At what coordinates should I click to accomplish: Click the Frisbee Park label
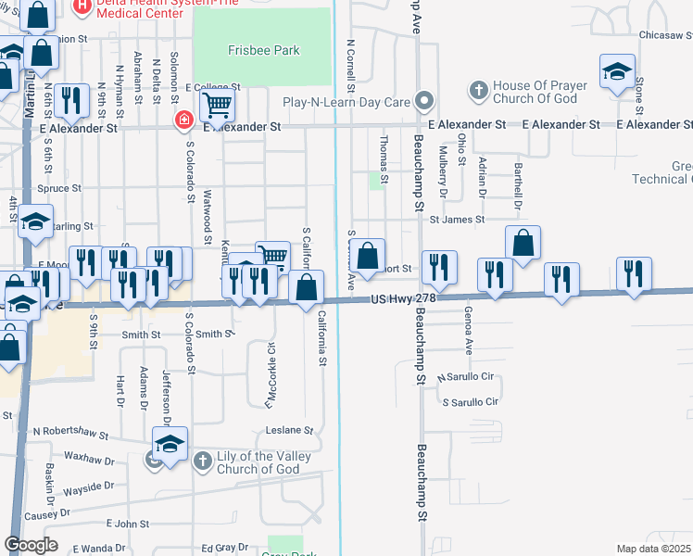263,49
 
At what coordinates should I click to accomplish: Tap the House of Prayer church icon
478,90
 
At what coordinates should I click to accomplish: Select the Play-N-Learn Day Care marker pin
424,100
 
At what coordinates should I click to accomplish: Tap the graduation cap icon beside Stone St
617,72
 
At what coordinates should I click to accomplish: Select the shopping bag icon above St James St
523,243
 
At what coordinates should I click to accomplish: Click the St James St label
456,220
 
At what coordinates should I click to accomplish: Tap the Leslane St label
290,430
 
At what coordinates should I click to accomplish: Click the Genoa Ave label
469,327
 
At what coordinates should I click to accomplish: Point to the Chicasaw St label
665,34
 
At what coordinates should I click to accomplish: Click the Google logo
31,545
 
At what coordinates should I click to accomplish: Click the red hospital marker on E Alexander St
184,121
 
